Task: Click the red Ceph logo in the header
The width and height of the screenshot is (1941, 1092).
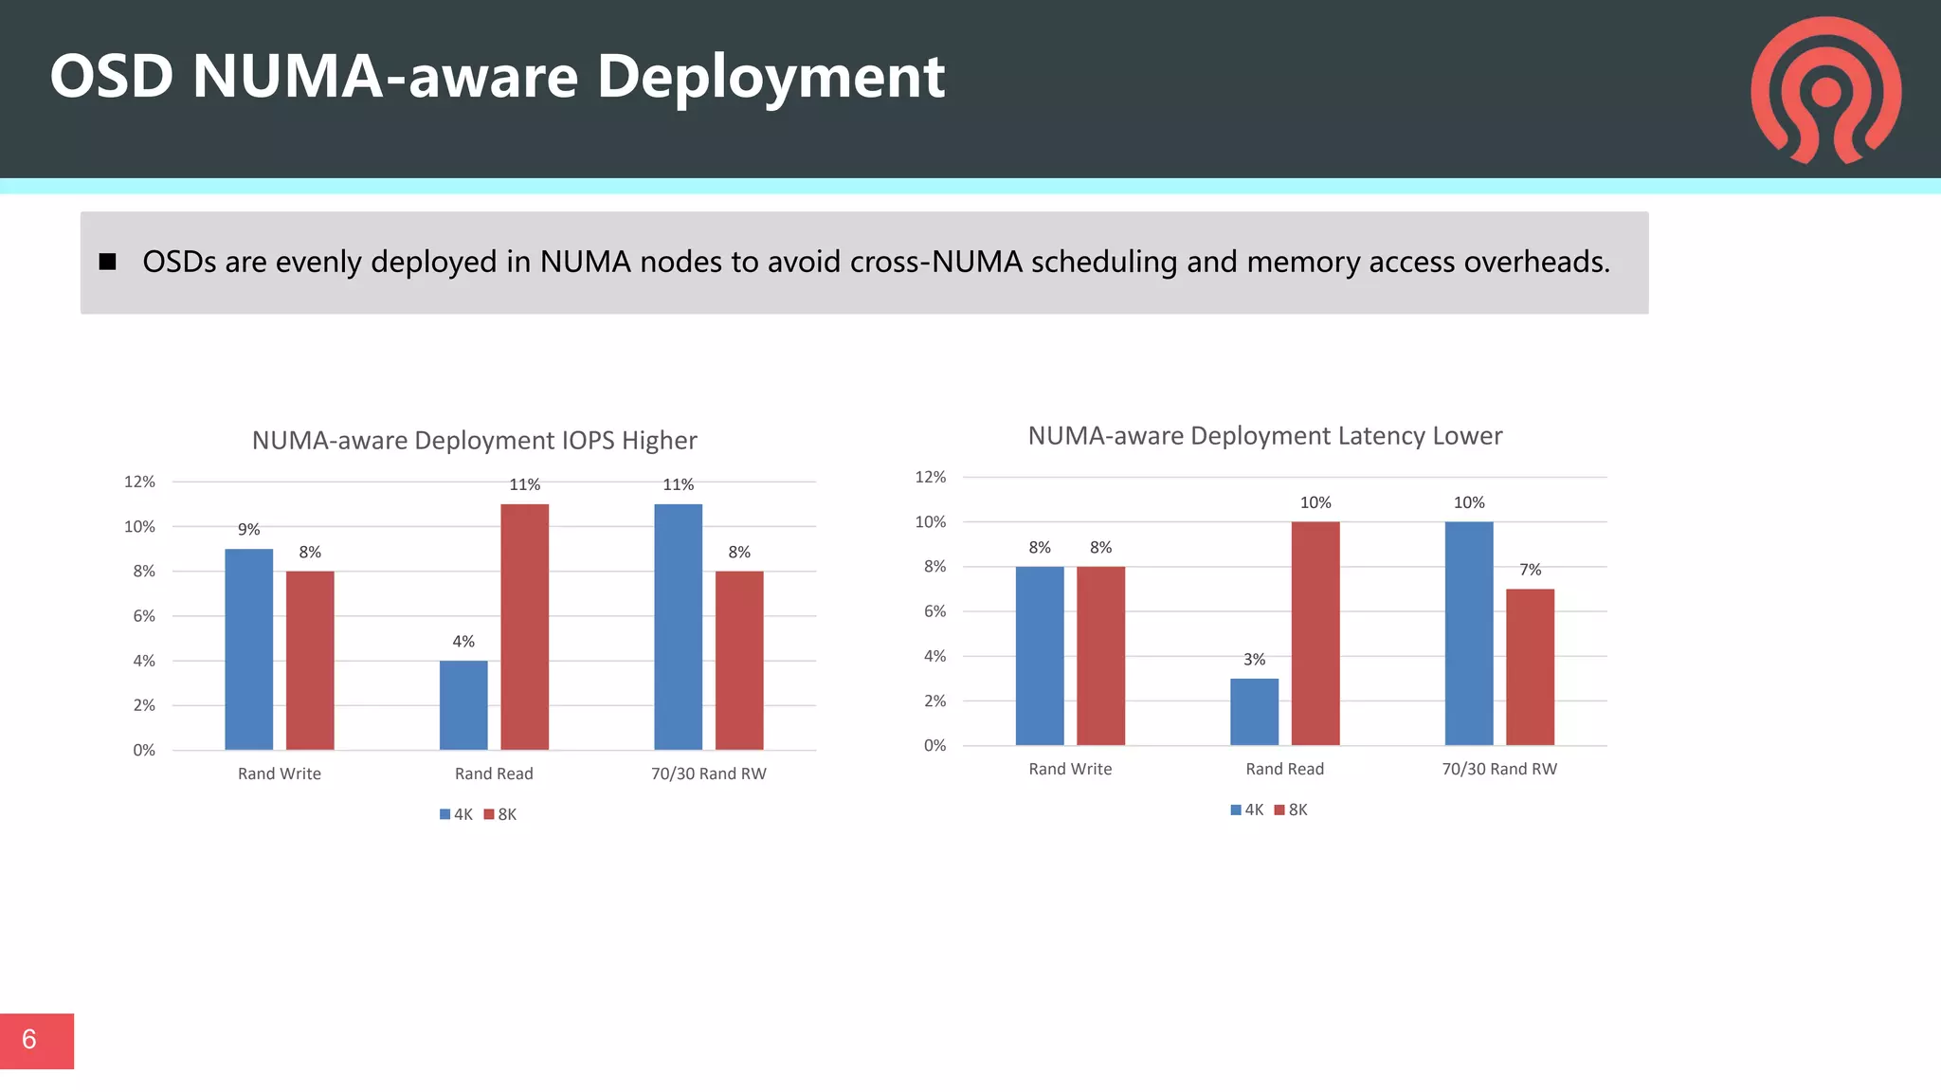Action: [1825, 90]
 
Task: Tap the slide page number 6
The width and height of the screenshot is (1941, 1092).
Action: [29, 1040]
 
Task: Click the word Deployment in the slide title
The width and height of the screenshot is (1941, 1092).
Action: [771, 77]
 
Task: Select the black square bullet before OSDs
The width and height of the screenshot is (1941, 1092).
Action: [107, 262]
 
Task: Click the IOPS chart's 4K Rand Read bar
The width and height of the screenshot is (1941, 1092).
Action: [463, 704]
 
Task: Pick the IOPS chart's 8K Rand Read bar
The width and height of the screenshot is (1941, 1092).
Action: [524, 627]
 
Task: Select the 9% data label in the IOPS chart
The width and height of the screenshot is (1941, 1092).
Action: [248, 530]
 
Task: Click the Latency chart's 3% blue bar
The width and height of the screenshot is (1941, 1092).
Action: [1254, 712]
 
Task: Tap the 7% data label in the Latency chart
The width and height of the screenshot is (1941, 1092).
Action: [1530, 570]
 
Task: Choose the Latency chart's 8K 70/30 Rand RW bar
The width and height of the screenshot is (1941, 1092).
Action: [1530, 666]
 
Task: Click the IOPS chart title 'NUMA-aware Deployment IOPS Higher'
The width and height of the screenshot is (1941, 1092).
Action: [474, 441]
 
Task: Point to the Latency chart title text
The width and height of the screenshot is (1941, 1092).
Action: [1264, 436]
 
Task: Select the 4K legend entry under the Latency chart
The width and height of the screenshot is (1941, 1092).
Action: [1247, 810]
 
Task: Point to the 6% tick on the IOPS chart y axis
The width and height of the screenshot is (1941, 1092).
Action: [144, 616]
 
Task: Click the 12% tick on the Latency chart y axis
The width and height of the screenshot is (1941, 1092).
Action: [930, 477]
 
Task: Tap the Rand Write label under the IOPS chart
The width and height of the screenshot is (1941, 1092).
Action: [279, 773]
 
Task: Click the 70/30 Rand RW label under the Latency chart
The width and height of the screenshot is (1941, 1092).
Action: [1498, 769]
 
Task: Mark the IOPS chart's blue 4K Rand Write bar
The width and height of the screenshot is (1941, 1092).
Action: [248, 649]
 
